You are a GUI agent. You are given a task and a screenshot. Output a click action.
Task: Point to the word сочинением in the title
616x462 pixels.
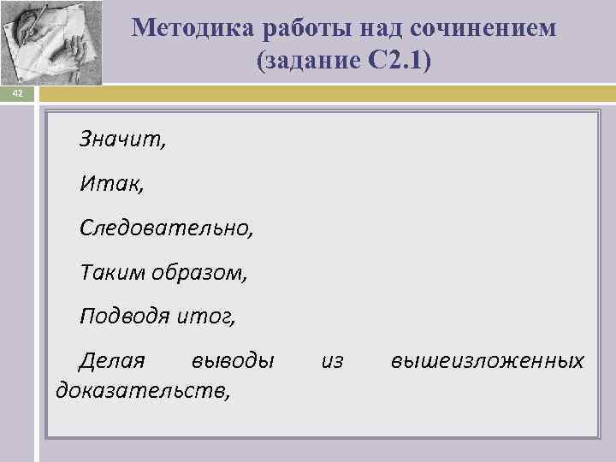pos(483,28)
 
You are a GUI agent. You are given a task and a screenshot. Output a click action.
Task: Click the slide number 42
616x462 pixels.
pos(16,95)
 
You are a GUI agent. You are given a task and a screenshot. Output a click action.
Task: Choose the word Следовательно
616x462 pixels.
pos(166,228)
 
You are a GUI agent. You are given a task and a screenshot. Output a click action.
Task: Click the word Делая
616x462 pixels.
pos(112,361)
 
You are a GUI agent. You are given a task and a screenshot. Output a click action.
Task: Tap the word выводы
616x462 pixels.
pos(234,361)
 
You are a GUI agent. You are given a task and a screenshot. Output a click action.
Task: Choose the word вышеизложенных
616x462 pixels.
pos(487,361)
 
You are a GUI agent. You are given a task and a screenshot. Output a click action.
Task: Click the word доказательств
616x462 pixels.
pos(142,391)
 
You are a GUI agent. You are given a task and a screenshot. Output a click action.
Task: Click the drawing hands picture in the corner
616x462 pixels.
pos(51,42)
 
